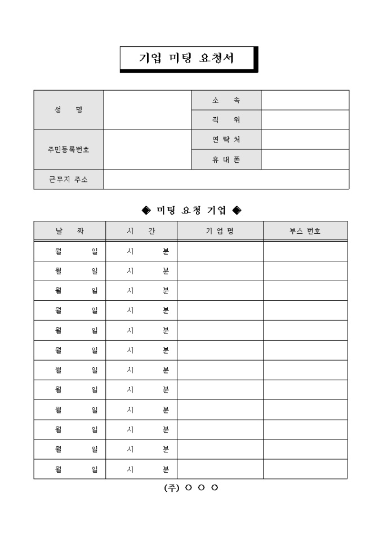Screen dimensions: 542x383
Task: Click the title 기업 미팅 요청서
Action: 188,59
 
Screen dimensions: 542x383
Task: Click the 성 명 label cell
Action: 69,110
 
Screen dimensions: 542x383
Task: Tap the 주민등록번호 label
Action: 69,150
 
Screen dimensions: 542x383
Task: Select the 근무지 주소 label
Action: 69,180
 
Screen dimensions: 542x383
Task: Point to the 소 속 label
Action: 226,100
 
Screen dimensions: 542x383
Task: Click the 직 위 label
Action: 226,120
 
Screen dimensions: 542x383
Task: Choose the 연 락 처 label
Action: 226,140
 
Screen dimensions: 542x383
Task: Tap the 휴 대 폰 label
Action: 226,159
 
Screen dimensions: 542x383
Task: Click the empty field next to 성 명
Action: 148,110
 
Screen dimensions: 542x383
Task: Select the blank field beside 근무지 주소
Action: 226,180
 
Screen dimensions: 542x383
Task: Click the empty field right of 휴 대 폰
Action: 305,159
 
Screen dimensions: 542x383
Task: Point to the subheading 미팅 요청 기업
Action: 191,211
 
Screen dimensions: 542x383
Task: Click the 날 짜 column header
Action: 70,231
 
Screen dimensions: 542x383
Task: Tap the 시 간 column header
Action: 141,231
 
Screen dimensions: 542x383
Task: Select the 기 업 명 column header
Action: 220,231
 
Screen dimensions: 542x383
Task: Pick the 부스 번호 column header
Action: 305,231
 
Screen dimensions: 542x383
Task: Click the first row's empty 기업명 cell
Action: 220,251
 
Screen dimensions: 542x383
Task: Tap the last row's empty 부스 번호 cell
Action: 305,469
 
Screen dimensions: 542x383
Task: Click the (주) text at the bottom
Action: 171,488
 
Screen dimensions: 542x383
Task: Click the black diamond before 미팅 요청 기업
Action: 146,211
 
